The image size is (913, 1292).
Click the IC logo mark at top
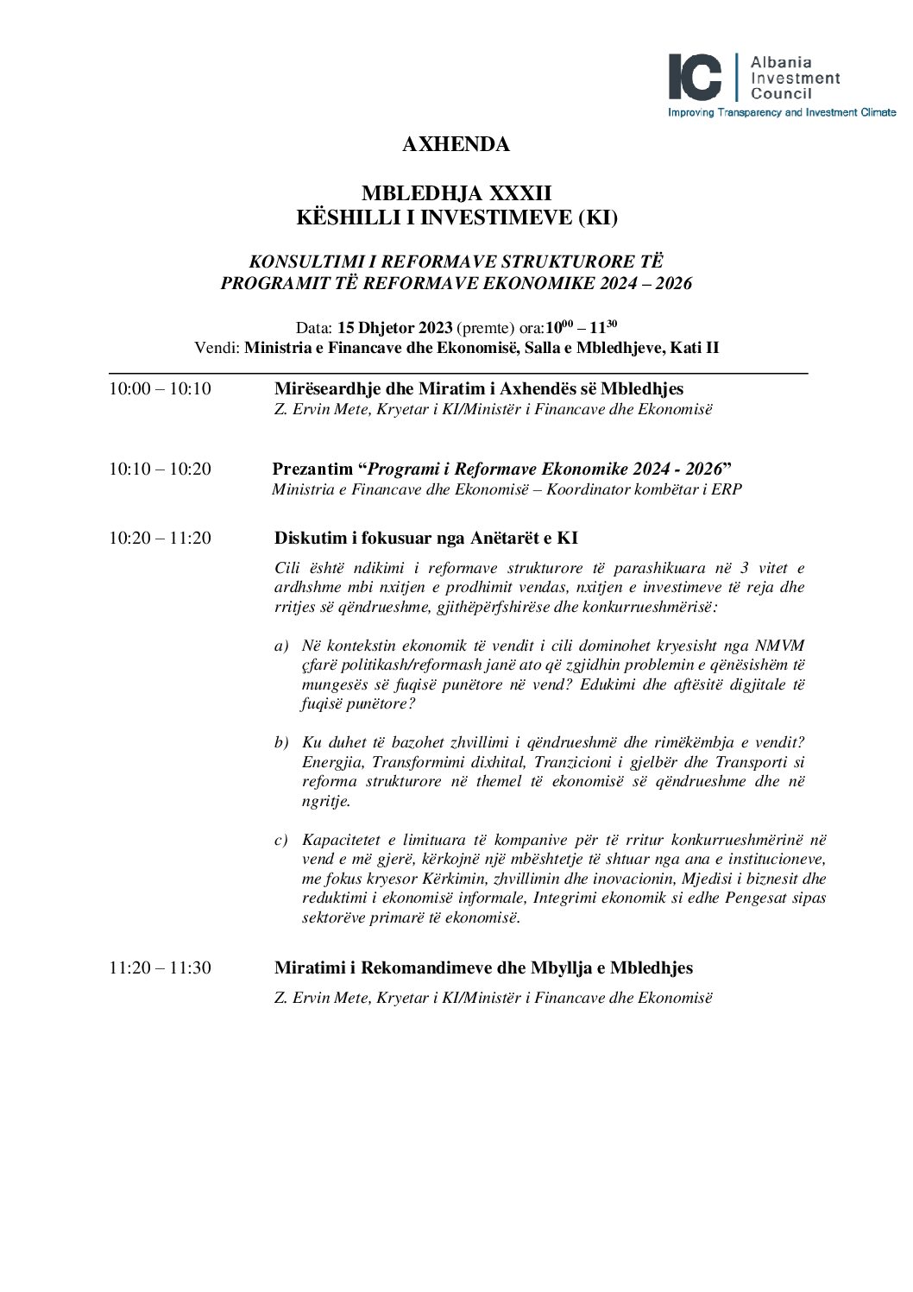point(696,78)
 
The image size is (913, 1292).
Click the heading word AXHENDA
point(456,145)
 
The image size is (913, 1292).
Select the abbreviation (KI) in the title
point(595,218)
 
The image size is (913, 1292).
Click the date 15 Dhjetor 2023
point(394,328)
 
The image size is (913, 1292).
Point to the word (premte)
point(485,328)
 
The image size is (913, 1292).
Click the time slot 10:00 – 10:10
point(160,389)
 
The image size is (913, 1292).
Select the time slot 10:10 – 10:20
point(160,470)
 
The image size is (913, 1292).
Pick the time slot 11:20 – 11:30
point(160,968)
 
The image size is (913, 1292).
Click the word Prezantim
point(312,470)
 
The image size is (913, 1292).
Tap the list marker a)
point(280,646)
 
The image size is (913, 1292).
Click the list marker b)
point(280,743)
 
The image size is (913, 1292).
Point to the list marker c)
point(280,840)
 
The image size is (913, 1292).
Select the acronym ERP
point(728,489)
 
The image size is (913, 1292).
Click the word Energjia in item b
point(330,762)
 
